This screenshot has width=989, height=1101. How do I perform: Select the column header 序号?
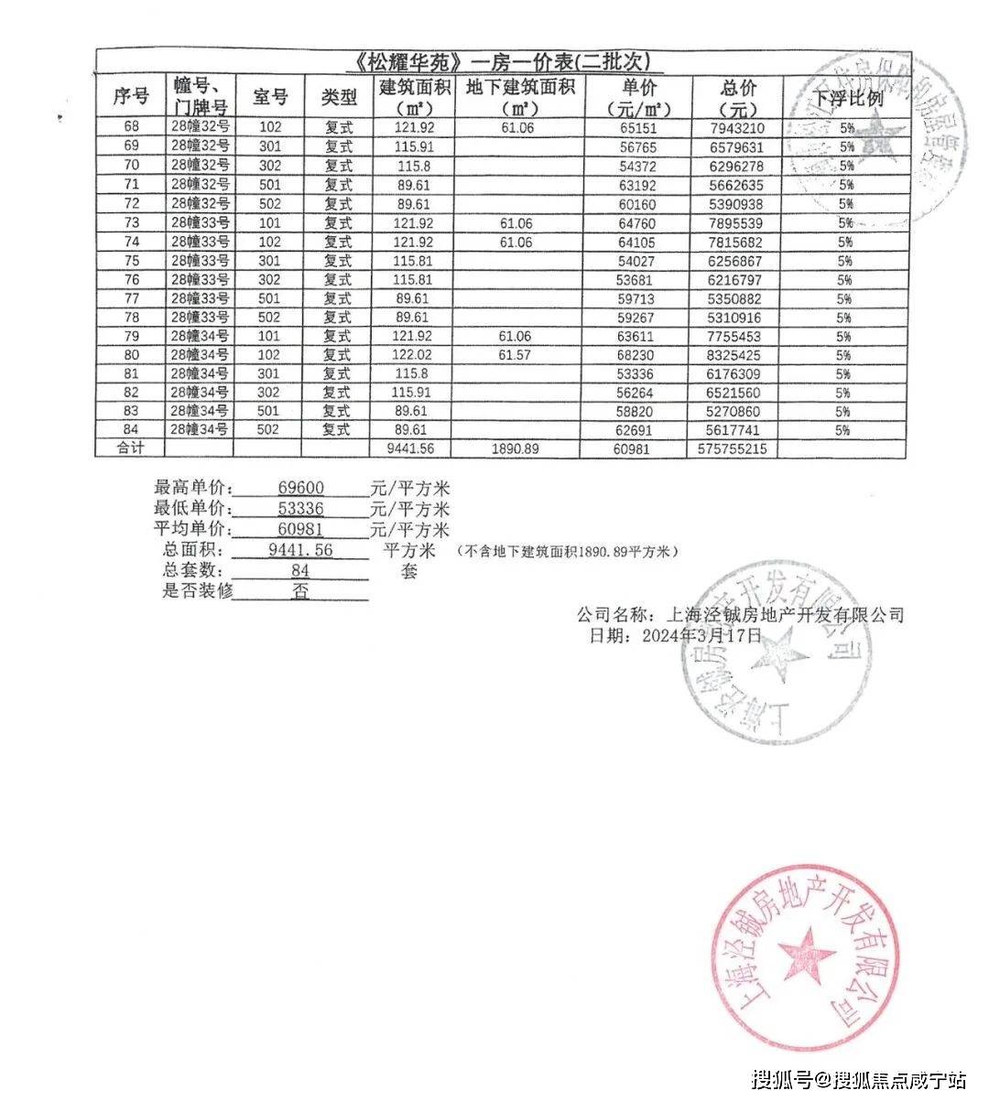pyautogui.click(x=130, y=95)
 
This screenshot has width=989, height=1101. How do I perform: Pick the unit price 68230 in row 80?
pyautogui.click(x=639, y=355)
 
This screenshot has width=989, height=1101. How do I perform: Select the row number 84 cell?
pyautogui.click(x=130, y=429)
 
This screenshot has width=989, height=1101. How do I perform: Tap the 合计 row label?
pyautogui.click(x=130, y=449)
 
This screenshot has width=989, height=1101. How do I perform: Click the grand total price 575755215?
pyautogui.click(x=733, y=449)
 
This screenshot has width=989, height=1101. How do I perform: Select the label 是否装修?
pyautogui.click(x=197, y=590)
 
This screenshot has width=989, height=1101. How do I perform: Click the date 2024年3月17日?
pyautogui.click(x=701, y=634)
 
